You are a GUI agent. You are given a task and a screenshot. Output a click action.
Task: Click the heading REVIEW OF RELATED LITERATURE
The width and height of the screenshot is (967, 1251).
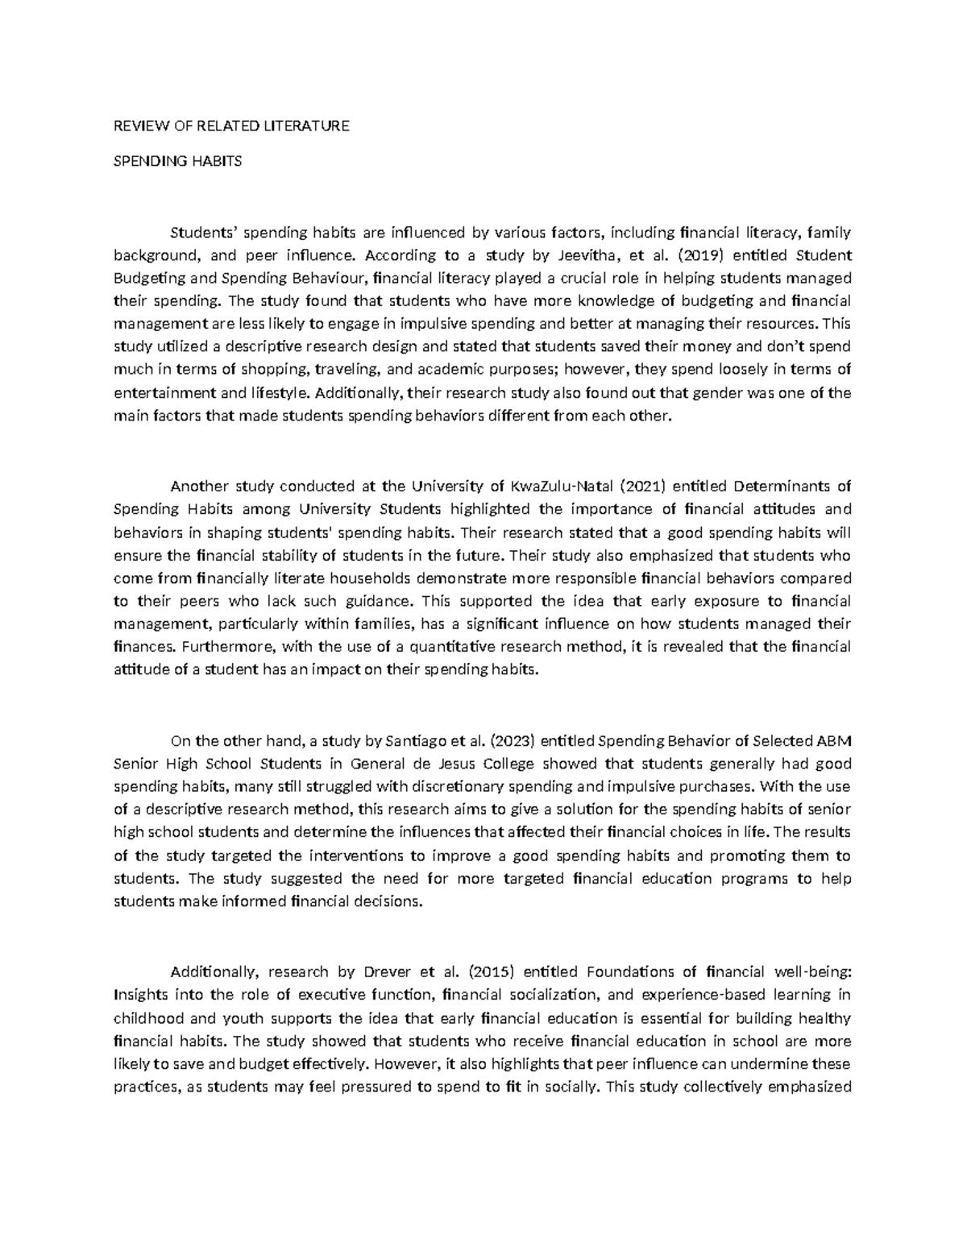coord(231,126)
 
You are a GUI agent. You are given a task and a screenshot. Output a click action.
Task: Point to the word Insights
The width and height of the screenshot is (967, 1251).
coord(139,994)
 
